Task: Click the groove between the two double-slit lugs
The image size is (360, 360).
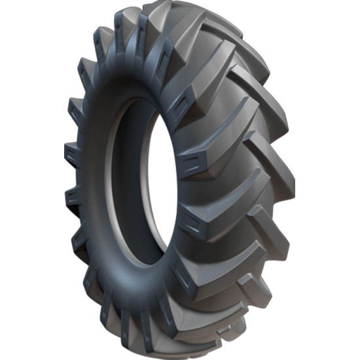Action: click(x=209, y=190)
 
